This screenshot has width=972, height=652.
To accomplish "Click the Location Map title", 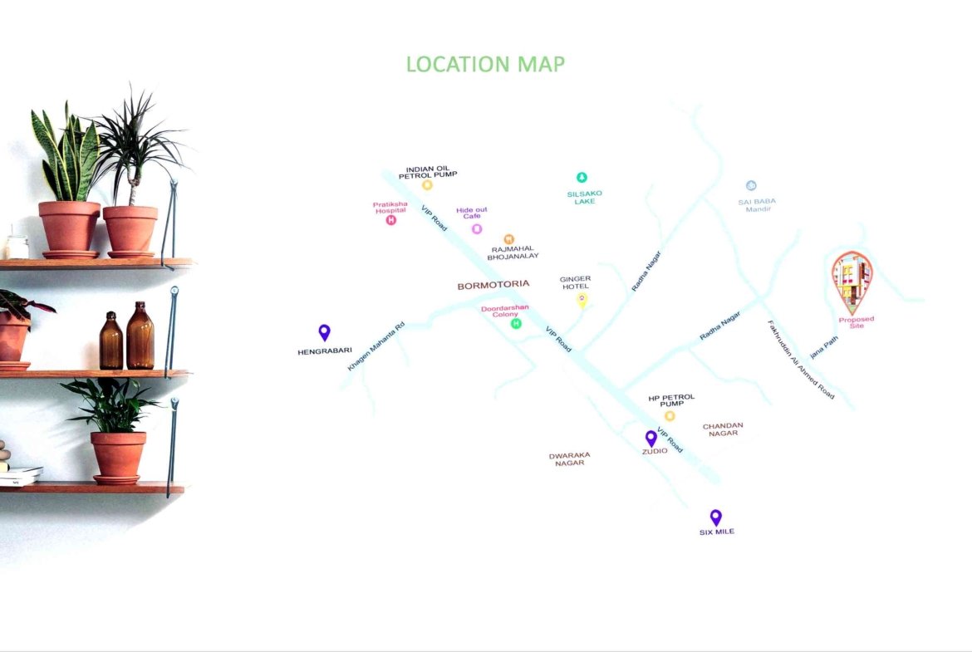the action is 485,64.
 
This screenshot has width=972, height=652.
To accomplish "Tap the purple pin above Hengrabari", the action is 324,332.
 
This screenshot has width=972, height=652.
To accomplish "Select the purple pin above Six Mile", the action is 716,517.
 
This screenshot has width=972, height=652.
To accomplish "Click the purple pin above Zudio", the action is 650,439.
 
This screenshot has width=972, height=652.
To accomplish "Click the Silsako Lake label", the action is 585,198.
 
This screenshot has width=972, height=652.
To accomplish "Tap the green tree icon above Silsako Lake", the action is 582,177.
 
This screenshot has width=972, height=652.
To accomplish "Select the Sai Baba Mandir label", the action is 757,205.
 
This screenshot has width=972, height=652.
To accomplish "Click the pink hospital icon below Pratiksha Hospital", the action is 390,220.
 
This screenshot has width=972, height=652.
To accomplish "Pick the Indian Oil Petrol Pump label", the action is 428,172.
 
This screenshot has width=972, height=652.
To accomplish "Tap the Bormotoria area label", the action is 493,285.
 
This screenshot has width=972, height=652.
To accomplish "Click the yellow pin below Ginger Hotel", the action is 582,301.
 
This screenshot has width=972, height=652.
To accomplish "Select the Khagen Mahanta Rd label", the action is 376,346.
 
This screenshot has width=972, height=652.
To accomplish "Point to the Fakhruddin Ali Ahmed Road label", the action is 801,360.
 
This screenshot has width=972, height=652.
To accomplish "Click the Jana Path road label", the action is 824,347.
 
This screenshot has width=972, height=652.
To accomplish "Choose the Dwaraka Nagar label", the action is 569,458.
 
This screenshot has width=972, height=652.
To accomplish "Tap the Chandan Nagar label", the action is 723,429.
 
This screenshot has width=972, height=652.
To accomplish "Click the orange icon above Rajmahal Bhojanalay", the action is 509,239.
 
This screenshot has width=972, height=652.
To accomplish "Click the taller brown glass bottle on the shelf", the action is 140,336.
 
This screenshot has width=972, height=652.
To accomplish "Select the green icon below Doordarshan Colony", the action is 516,324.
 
